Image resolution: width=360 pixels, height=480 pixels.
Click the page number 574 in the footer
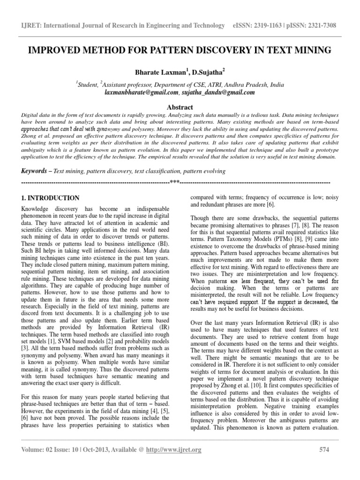tap(323, 450)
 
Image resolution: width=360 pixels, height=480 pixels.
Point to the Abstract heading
tap(180, 107)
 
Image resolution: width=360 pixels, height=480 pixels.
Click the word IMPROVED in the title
tap(52, 50)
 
